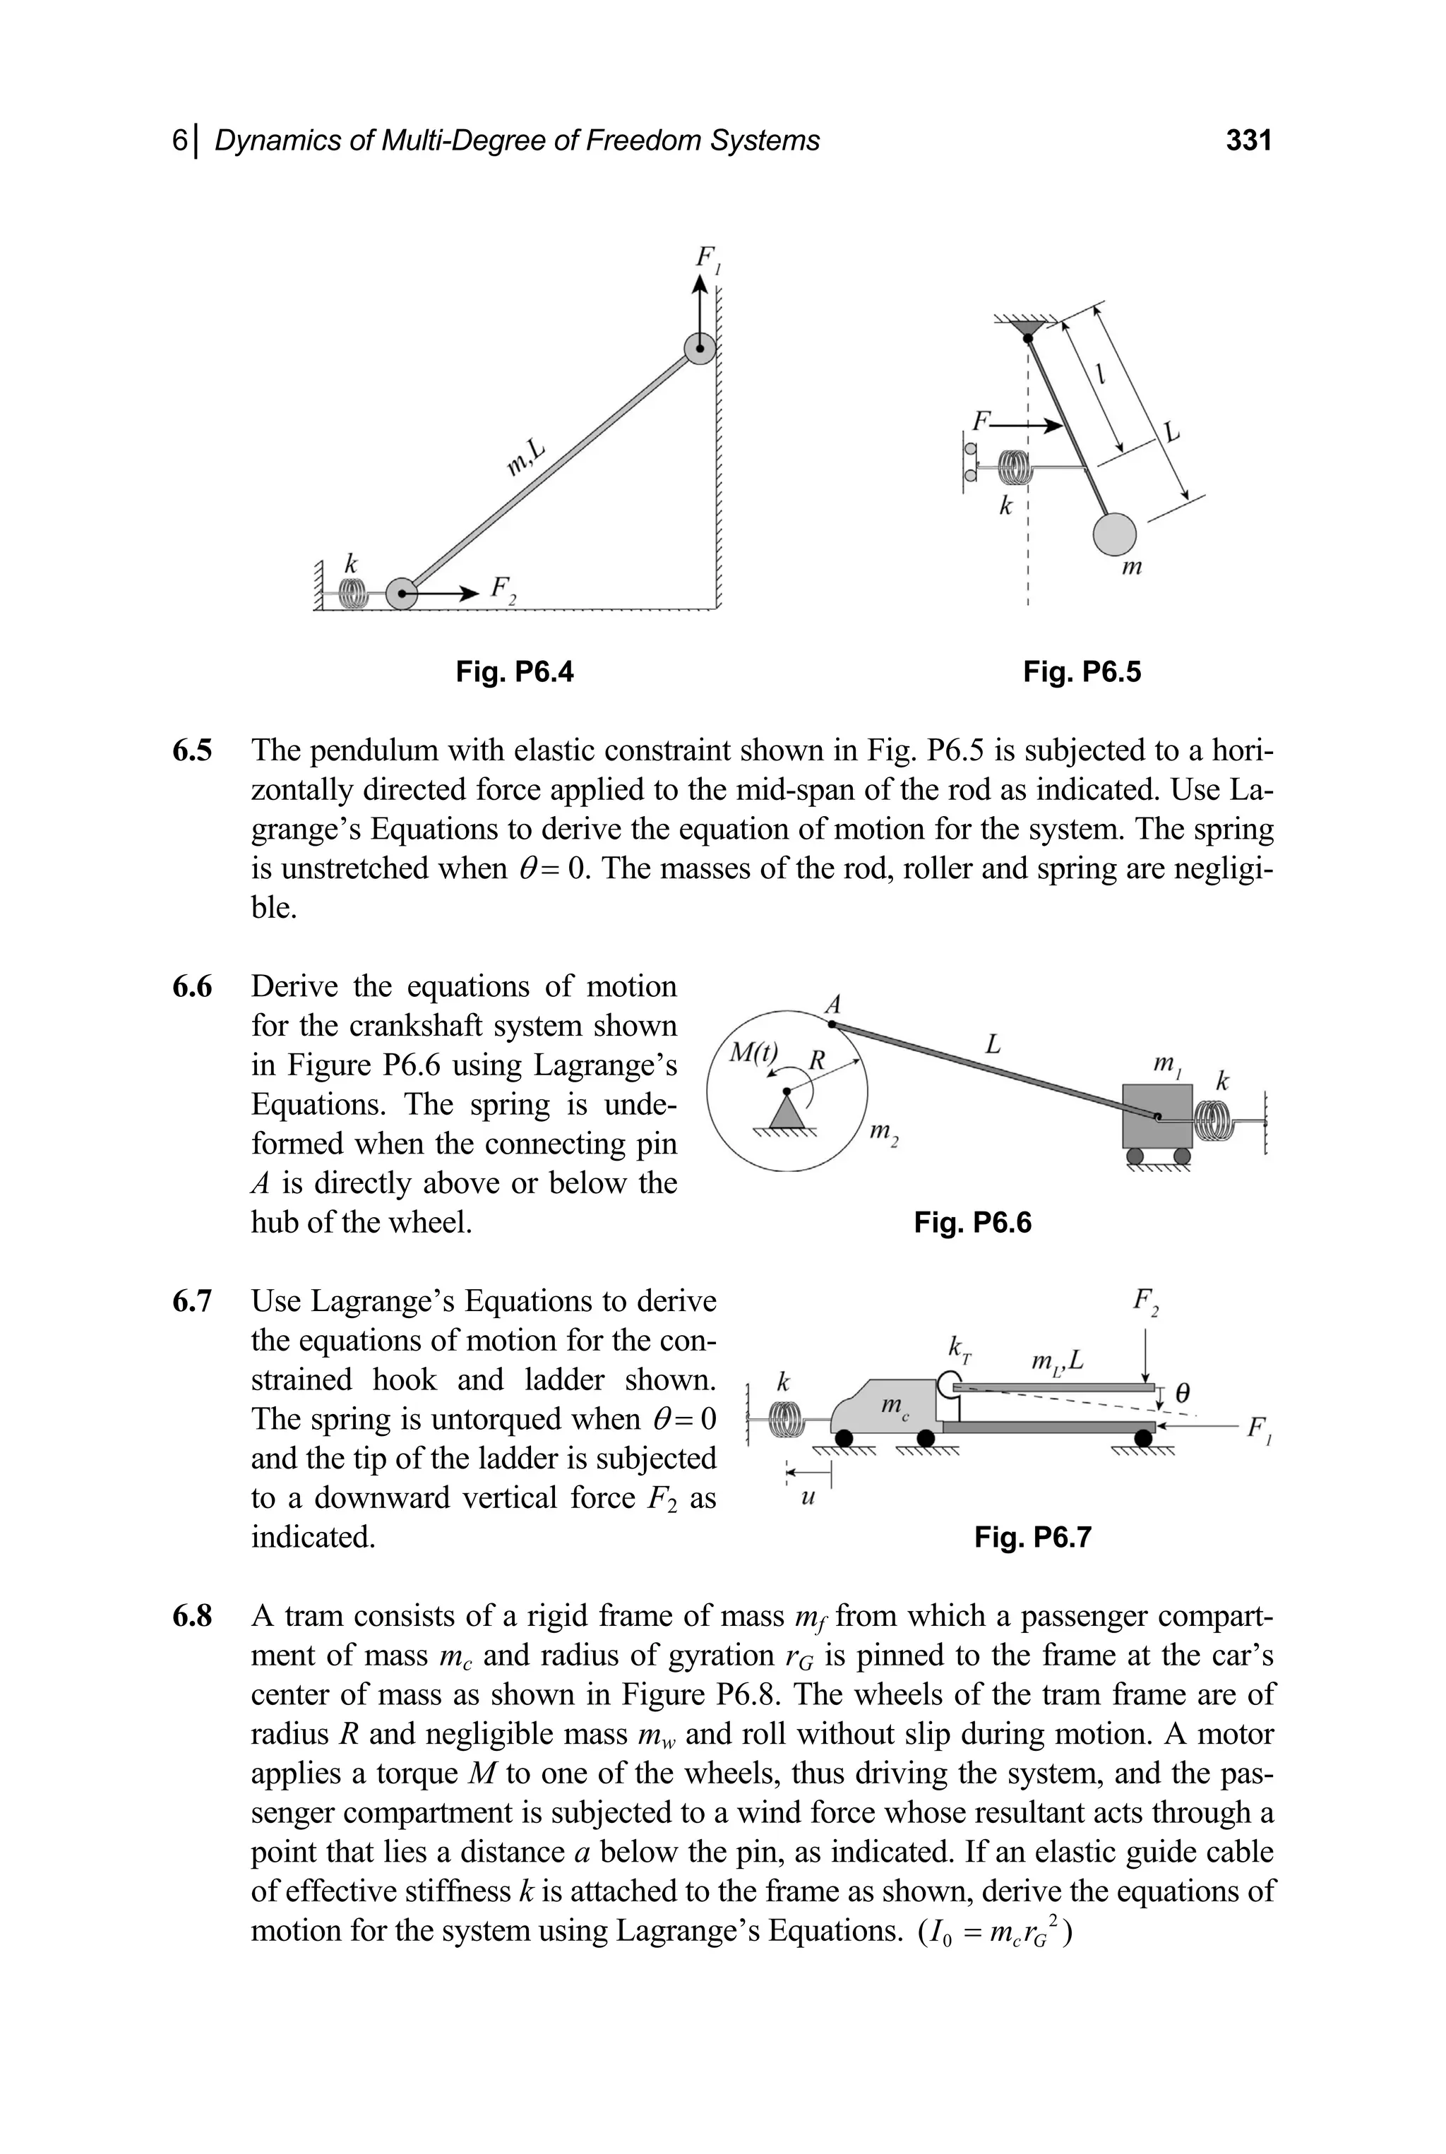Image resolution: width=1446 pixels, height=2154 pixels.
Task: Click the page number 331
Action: (x=1248, y=140)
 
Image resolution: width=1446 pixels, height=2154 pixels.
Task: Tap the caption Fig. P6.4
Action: (x=515, y=672)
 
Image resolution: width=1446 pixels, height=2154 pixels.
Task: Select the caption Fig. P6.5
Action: (x=1082, y=672)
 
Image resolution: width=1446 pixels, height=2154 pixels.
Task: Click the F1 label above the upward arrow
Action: (x=707, y=259)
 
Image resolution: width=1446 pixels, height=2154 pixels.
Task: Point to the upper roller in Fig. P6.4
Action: (x=700, y=349)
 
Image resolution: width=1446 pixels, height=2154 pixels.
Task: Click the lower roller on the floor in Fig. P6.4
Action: (x=402, y=594)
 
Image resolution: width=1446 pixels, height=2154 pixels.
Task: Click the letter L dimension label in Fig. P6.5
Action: (x=1171, y=431)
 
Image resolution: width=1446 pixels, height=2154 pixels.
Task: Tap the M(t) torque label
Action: (x=754, y=1052)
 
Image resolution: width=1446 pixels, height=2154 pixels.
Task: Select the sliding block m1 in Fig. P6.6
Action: (x=1157, y=1115)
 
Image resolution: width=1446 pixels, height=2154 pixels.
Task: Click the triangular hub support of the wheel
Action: (x=786, y=1111)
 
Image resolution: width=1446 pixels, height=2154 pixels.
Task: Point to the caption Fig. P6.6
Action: (x=972, y=1223)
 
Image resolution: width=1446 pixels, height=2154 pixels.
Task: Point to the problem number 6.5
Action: (x=192, y=750)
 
